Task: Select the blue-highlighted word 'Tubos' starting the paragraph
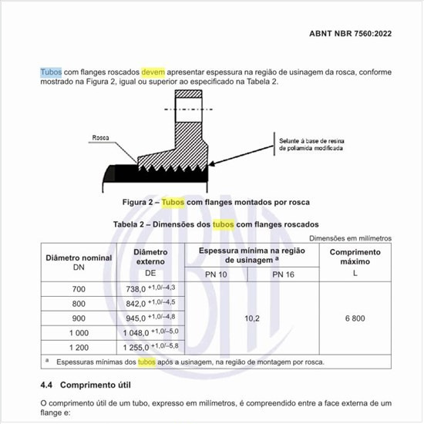point(51,72)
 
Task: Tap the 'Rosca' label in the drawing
point(100,138)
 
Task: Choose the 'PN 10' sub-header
point(217,274)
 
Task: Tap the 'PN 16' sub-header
point(283,274)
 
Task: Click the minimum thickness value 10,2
point(252,317)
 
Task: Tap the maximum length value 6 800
point(355,317)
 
